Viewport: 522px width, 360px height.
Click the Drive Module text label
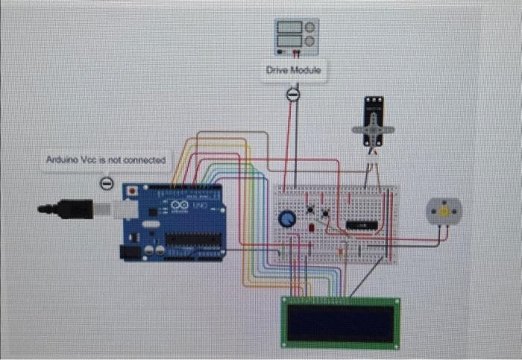pyautogui.click(x=294, y=69)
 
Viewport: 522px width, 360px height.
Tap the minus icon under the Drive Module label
pyautogui.click(x=293, y=94)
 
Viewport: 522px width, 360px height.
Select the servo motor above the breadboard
pyautogui.click(x=373, y=123)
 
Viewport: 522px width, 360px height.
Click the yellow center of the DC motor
pyautogui.click(x=444, y=212)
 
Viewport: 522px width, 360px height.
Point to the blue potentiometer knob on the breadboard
pyautogui.click(x=286, y=218)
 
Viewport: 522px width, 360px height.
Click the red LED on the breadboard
pyautogui.click(x=309, y=225)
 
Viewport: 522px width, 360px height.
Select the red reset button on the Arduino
pyautogui.click(x=133, y=192)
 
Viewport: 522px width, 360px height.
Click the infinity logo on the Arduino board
pyautogui.click(x=180, y=204)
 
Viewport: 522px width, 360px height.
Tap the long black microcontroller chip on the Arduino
pyautogui.click(x=193, y=239)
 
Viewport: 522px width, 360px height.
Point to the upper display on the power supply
pyautogui.click(x=290, y=26)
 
